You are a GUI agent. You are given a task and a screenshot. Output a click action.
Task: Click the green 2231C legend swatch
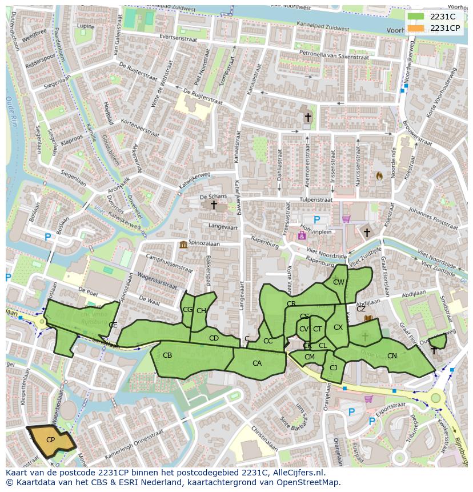click(x=416, y=17)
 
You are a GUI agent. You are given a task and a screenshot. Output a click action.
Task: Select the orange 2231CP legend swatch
click(x=416, y=28)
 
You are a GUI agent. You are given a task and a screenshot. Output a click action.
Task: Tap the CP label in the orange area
click(x=50, y=439)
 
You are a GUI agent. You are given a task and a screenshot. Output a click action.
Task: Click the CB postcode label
click(x=167, y=355)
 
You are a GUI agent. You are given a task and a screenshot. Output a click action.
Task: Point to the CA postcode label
click(x=257, y=363)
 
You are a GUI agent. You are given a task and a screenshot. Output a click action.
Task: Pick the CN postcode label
click(x=392, y=356)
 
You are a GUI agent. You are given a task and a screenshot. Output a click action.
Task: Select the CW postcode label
click(x=339, y=282)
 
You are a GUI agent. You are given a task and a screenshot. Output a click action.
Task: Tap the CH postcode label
click(x=201, y=311)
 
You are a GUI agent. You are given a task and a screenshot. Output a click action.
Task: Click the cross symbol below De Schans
click(x=214, y=205)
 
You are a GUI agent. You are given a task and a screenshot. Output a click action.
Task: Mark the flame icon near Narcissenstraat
click(x=378, y=175)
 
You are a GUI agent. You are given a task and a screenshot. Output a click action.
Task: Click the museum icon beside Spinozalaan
click(x=183, y=245)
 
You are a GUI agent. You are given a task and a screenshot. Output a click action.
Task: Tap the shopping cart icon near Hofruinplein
click(x=346, y=218)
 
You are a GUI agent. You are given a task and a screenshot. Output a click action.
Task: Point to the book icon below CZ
click(x=368, y=318)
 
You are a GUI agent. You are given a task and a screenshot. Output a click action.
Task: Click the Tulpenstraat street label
click(x=315, y=200)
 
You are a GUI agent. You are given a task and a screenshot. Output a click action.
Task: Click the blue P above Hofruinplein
click(x=316, y=219)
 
